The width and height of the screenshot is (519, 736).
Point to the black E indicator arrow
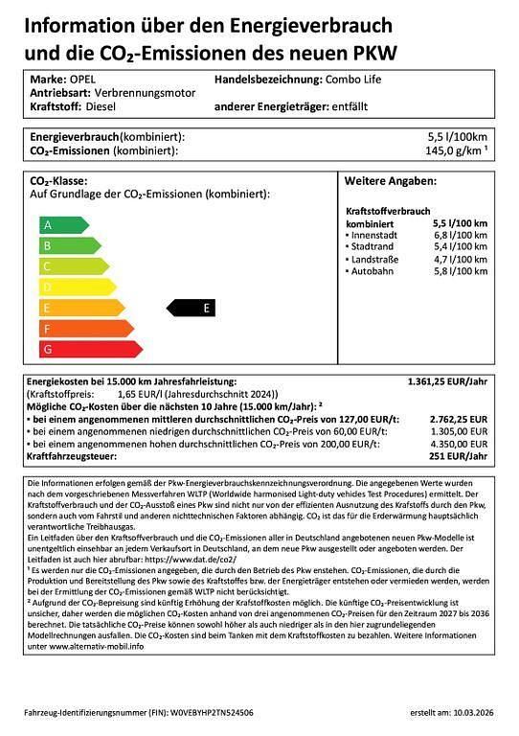192,308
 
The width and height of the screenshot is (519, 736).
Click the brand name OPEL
81,80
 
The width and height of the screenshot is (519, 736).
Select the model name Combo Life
353,80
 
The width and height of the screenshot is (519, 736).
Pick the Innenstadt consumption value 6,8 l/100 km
460,234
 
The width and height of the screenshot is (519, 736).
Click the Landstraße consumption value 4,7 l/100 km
460,259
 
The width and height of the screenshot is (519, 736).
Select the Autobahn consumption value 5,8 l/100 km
460,272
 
